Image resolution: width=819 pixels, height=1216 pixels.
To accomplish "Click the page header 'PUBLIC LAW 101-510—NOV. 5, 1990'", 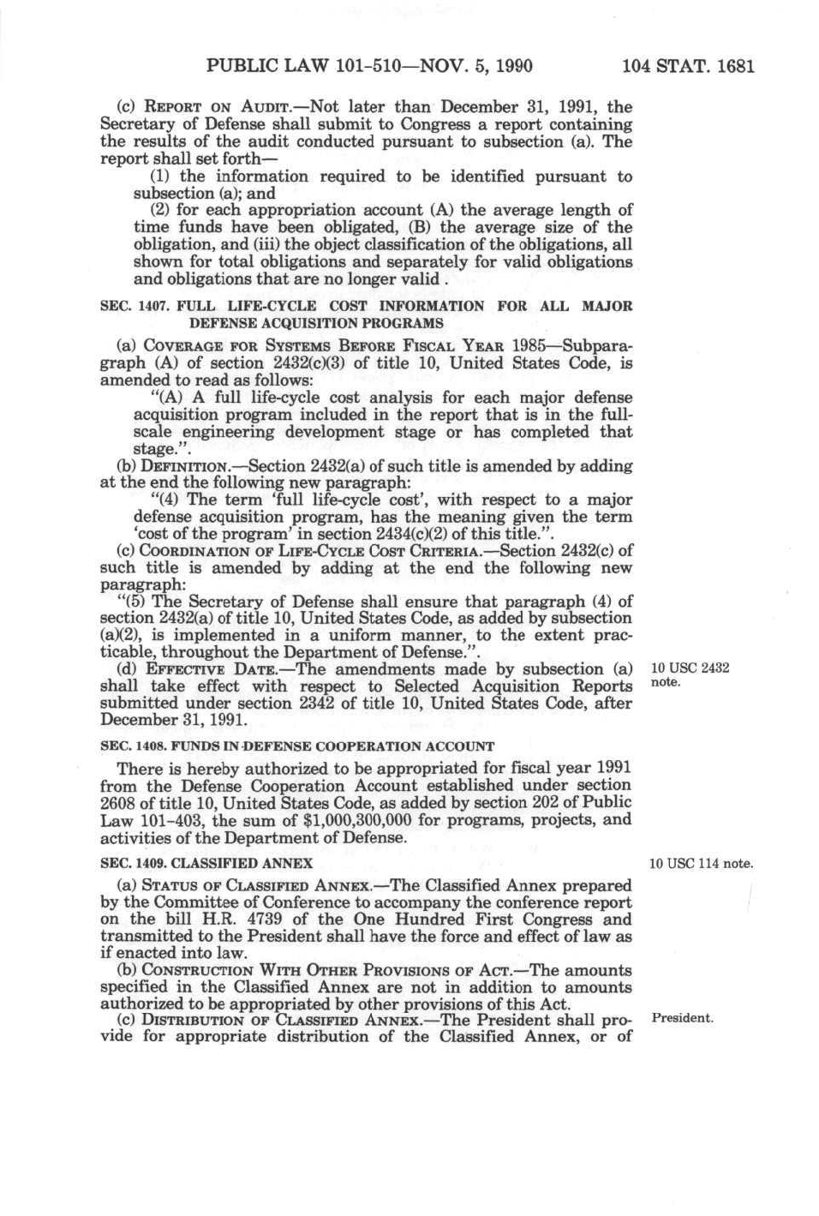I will (369, 66).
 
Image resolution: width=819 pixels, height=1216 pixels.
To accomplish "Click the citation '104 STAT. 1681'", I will (688, 66).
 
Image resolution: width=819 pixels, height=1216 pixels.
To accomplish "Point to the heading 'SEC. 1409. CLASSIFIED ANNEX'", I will (206, 863).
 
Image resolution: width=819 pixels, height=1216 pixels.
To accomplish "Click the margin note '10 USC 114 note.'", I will (701, 863).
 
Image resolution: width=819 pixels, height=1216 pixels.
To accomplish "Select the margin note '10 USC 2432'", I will (690, 668).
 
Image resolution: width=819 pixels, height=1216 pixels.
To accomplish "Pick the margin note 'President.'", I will (682, 1018).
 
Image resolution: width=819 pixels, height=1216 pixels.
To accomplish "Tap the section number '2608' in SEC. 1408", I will (118, 802).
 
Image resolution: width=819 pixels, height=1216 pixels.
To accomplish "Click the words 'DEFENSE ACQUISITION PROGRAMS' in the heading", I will (316, 323).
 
